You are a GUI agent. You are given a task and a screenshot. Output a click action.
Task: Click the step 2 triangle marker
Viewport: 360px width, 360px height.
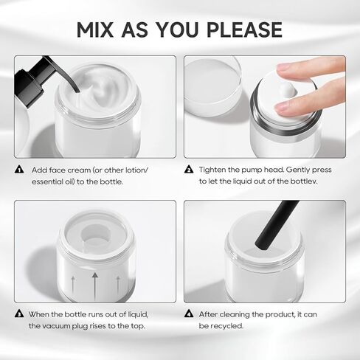click(189, 170)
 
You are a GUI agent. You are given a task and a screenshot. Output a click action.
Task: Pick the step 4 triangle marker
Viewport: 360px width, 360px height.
click(189, 314)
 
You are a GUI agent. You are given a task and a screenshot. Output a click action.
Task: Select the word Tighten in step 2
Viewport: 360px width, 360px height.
click(214, 170)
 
